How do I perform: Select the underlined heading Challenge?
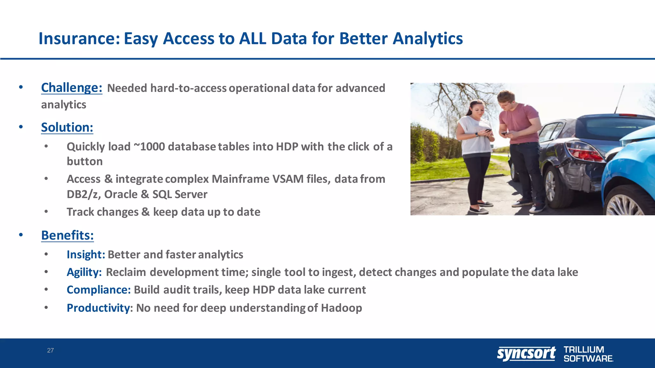pyautogui.click(x=72, y=88)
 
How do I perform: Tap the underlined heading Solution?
pyautogui.click(x=67, y=127)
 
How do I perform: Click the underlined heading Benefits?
pyautogui.click(x=67, y=235)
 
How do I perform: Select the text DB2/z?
pyautogui.click(x=83, y=194)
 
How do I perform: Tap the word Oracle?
pyautogui.click(x=121, y=194)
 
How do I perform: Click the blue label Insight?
pyautogui.click(x=86, y=255)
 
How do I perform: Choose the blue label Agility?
pyautogui.click(x=84, y=272)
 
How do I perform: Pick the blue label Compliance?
pyautogui.click(x=99, y=290)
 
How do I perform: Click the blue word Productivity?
pyautogui.click(x=98, y=308)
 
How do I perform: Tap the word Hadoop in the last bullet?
pyautogui.click(x=341, y=308)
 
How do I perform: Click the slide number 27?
pyautogui.click(x=51, y=350)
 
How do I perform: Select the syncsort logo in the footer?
pyautogui.click(x=526, y=354)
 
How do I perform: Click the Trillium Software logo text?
pyautogui.click(x=588, y=354)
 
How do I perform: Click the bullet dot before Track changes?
pyautogui.click(x=46, y=212)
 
